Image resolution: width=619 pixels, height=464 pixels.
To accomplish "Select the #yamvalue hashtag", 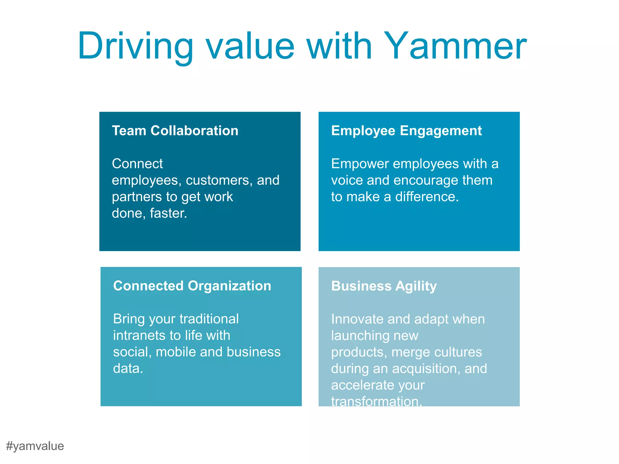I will (35, 446).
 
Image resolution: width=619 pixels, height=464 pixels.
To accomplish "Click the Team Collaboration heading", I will (175, 131).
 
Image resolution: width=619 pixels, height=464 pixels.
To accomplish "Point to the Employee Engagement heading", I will (406, 131).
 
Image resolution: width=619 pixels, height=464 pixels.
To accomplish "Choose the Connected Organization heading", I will (192, 286).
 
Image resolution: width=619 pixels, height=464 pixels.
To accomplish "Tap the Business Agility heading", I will (384, 286).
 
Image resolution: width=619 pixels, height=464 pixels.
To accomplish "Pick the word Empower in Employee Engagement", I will (360, 164).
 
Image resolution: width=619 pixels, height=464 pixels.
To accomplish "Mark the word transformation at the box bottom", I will (376, 401).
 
